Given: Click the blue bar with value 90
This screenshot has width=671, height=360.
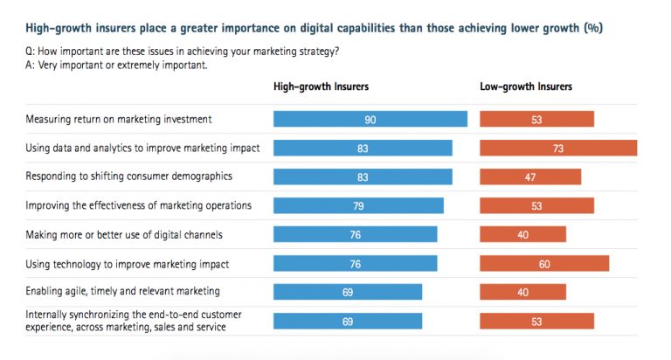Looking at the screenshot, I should [370, 120].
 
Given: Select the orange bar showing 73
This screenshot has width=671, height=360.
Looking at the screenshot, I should [558, 149].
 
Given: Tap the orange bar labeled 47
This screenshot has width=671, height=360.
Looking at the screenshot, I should [530, 177].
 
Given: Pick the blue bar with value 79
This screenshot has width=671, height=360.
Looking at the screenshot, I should [358, 205].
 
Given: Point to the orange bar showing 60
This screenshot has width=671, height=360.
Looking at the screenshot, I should [544, 263].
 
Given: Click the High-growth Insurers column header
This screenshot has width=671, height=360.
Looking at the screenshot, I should [321, 87].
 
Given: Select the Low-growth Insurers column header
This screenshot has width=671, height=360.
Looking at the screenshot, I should [526, 87].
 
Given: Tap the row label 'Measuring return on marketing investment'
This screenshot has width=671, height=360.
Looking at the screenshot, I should [118, 120].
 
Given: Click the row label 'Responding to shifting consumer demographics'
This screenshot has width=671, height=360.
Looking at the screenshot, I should [128, 177].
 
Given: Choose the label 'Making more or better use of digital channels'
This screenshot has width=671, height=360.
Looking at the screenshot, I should [123, 234].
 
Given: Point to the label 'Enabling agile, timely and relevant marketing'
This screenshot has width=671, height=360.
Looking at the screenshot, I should [121, 291].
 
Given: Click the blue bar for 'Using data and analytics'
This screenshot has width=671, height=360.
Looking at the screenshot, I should [363, 149].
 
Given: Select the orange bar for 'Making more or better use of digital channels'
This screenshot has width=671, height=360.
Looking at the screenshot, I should [522, 234].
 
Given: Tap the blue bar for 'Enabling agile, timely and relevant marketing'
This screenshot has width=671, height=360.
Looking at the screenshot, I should [348, 292].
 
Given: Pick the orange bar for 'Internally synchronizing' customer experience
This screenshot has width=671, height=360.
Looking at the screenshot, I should [536, 321].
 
